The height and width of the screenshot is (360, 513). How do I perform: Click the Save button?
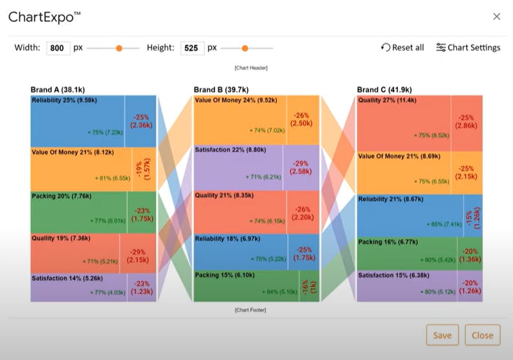pyautogui.click(x=442, y=335)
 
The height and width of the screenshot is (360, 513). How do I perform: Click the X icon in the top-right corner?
pyautogui.click(x=496, y=16)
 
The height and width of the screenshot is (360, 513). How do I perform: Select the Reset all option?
pyautogui.click(x=402, y=47)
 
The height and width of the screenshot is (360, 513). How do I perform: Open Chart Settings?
pyautogui.click(x=468, y=47)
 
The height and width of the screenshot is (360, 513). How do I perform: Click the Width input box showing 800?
pyautogui.click(x=58, y=48)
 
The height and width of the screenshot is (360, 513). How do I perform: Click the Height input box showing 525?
pyautogui.click(x=192, y=48)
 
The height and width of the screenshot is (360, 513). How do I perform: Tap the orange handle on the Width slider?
pyautogui.click(x=119, y=48)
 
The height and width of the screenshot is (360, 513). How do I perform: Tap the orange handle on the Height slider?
pyautogui.click(x=245, y=48)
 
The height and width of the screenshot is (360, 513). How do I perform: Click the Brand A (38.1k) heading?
pyautogui.click(x=59, y=90)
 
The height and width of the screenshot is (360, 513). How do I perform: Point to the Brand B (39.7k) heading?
pyautogui.click(x=222, y=90)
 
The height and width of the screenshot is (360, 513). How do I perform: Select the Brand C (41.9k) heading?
pyautogui.click(x=384, y=90)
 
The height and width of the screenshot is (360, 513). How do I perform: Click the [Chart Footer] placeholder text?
pyautogui.click(x=250, y=310)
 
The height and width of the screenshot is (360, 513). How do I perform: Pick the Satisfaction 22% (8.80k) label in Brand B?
pyautogui.click(x=230, y=149)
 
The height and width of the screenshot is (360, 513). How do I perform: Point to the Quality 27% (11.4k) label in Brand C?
pyautogui.click(x=389, y=100)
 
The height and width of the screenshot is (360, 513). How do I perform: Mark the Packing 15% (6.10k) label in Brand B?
pyautogui.click(x=224, y=275)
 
